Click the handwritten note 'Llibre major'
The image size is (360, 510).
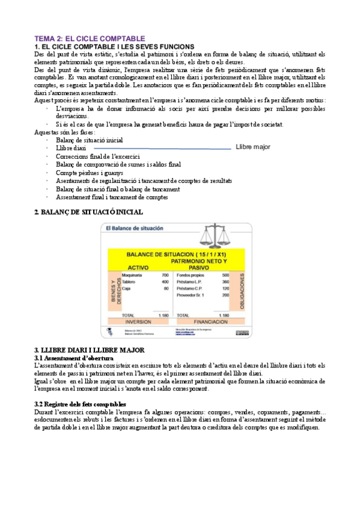click(253, 147)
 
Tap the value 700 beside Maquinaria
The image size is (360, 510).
click(165, 275)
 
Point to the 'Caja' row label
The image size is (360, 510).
click(126, 289)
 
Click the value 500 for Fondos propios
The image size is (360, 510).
click(225, 275)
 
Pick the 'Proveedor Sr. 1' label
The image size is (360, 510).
click(191, 295)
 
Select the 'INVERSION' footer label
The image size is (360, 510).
click(138, 322)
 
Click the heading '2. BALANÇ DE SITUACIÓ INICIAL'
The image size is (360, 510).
click(88, 212)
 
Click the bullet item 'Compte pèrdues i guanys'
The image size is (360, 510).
click(89, 173)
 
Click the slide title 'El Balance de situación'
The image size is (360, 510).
click(136, 229)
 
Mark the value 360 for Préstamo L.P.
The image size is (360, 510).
click(225, 281)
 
